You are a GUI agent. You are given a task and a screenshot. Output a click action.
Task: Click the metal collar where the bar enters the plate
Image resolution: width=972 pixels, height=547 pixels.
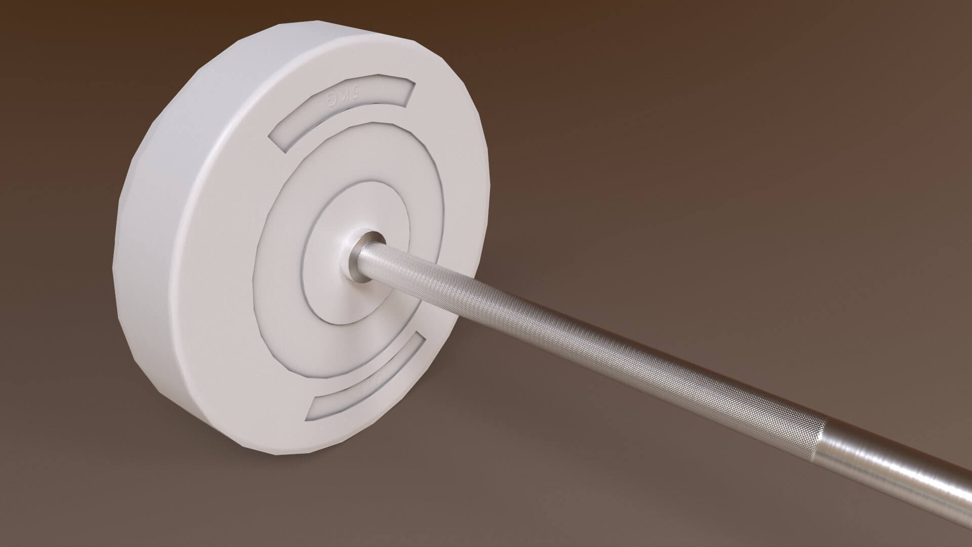click(x=363, y=256)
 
